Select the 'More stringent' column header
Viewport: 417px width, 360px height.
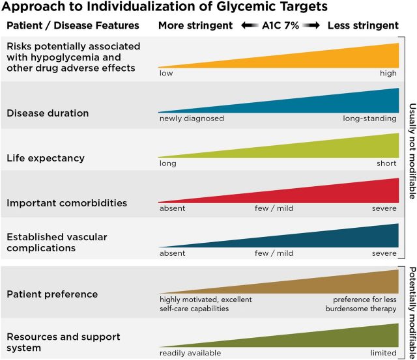pyautogui.click(x=195, y=26)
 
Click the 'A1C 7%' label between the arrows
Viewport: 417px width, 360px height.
pyautogui.click(x=281, y=26)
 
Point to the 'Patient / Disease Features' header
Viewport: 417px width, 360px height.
pyautogui.click(x=73, y=26)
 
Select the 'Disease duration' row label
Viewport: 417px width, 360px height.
pyautogui.click(x=48, y=113)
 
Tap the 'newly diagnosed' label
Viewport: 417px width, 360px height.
pyautogui.click(x=192, y=118)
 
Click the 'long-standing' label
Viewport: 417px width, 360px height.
pyautogui.click(x=369, y=118)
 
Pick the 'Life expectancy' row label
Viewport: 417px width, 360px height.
pyautogui.click(x=46, y=158)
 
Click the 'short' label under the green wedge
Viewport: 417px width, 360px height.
pyautogui.click(x=386, y=163)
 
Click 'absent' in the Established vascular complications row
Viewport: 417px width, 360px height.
pyautogui.click(x=172, y=253)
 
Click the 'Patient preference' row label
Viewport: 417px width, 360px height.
pyautogui.click(x=52, y=294)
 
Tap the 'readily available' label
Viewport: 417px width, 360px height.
pyautogui.click(x=190, y=353)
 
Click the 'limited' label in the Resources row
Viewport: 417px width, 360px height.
pyautogui.click(x=382, y=353)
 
